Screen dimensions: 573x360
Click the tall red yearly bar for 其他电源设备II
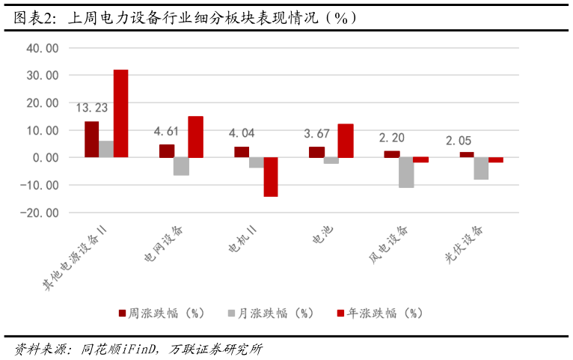pos(120,114)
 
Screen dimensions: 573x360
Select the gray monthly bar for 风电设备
pos(406,172)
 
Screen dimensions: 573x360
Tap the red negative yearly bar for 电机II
pos(271,177)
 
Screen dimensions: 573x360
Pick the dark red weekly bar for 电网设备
pos(167,151)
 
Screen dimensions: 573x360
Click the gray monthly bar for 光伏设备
pos(481,168)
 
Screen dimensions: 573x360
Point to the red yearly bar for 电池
pos(346,141)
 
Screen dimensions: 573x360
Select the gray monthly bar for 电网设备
pos(181,166)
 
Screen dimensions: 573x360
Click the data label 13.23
pos(92,108)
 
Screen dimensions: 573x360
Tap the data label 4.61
pos(166,131)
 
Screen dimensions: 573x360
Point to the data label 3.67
pos(316,133)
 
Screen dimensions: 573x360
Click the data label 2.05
pos(459,141)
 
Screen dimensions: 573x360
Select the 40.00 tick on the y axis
pos(43,48)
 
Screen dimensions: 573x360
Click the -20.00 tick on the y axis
pos(40,213)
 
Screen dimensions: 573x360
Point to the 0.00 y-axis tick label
pos(46,158)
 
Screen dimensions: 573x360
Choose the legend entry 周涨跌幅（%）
pos(162,313)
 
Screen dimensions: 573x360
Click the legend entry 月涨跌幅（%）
pos(271,313)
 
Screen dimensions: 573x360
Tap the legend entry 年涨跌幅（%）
pos(380,313)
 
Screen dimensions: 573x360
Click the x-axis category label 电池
pos(323,235)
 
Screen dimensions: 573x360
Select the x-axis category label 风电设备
pos(388,244)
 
